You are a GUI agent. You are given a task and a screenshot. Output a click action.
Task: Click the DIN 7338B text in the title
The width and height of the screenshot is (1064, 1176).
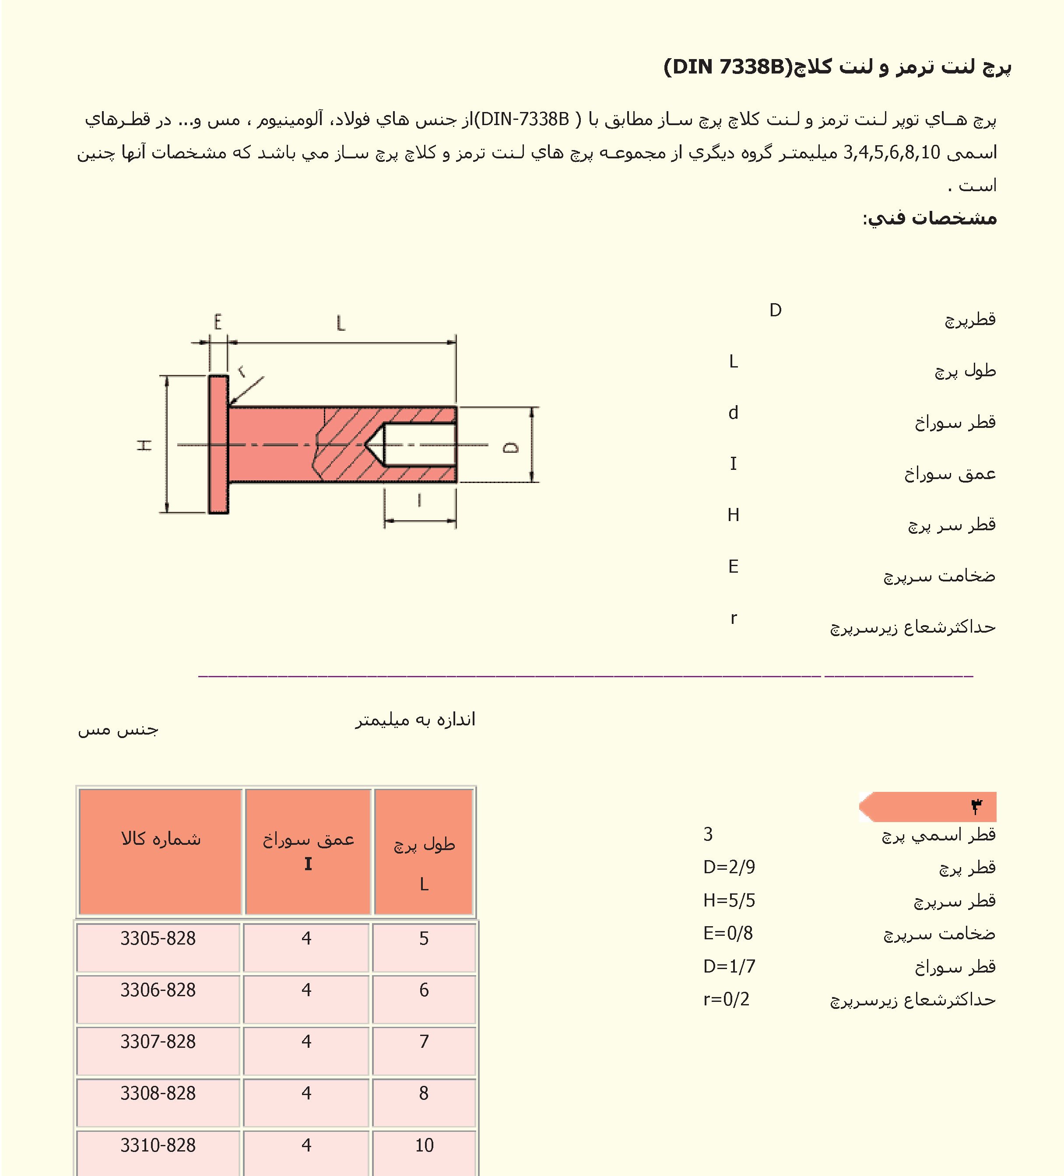[x=727, y=68]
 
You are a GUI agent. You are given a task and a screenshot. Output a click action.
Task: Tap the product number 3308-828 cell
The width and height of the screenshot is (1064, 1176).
[x=158, y=1093]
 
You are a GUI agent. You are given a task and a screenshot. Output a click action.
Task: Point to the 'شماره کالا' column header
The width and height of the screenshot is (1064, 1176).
[x=161, y=840]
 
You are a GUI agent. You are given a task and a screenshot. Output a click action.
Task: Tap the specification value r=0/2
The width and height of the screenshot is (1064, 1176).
[x=726, y=999]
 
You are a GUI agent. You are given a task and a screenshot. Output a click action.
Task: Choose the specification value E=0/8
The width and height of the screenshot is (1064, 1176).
[x=728, y=933]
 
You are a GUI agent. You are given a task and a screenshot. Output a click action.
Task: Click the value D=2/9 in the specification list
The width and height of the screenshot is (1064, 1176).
[x=729, y=868]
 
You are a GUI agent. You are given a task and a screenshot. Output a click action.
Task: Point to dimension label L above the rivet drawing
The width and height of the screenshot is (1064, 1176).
[x=341, y=322]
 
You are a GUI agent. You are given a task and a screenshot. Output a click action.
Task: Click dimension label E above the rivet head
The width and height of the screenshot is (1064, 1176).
[x=218, y=322]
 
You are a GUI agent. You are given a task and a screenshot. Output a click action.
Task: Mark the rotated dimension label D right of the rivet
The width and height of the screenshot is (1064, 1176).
[x=511, y=447]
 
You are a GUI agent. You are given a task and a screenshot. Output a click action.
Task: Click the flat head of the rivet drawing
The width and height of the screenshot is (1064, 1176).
[x=218, y=444]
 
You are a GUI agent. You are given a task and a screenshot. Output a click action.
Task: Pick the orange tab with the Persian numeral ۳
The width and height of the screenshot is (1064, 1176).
[x=928, y=807]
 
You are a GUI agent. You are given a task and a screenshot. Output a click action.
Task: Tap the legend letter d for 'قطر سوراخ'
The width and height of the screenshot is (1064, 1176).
[x=734, y=413]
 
